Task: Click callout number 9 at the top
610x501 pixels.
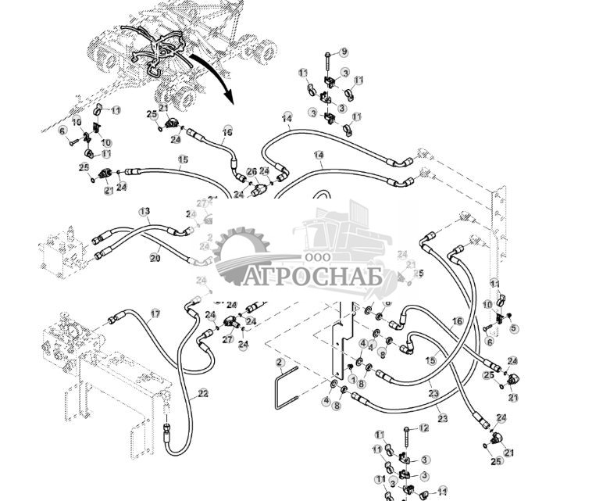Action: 344,52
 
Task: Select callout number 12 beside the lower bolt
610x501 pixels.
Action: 424,428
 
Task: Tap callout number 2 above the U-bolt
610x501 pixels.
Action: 279,362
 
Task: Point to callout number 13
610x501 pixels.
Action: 144,212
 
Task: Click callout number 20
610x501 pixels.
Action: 155,258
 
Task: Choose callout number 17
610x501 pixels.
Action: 155,313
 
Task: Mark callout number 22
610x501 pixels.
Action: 202,393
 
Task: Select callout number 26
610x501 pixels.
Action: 251,171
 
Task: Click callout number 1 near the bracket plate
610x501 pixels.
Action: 352,380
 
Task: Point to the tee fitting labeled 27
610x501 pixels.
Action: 230,323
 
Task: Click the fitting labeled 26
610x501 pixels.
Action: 259,188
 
